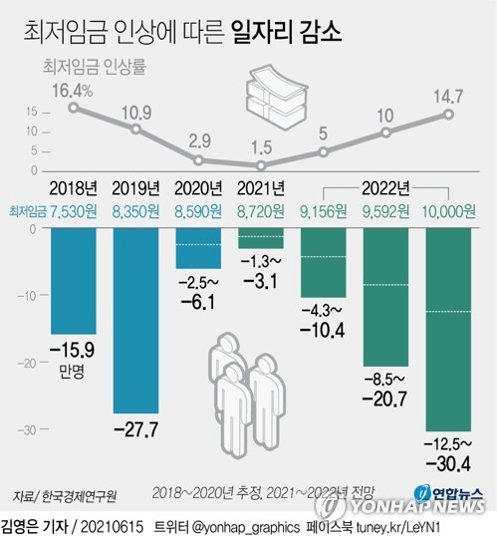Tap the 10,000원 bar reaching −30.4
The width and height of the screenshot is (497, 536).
(x=450, y=329)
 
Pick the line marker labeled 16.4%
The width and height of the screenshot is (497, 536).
(x=74, y=107)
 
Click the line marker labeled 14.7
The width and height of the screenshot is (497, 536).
(x=450, y=115)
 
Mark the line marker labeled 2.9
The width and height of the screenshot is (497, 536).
(x=199, y=159)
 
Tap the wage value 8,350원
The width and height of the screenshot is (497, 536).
(x=136, y=212)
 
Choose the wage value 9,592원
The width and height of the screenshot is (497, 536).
(x=386, y=212)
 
